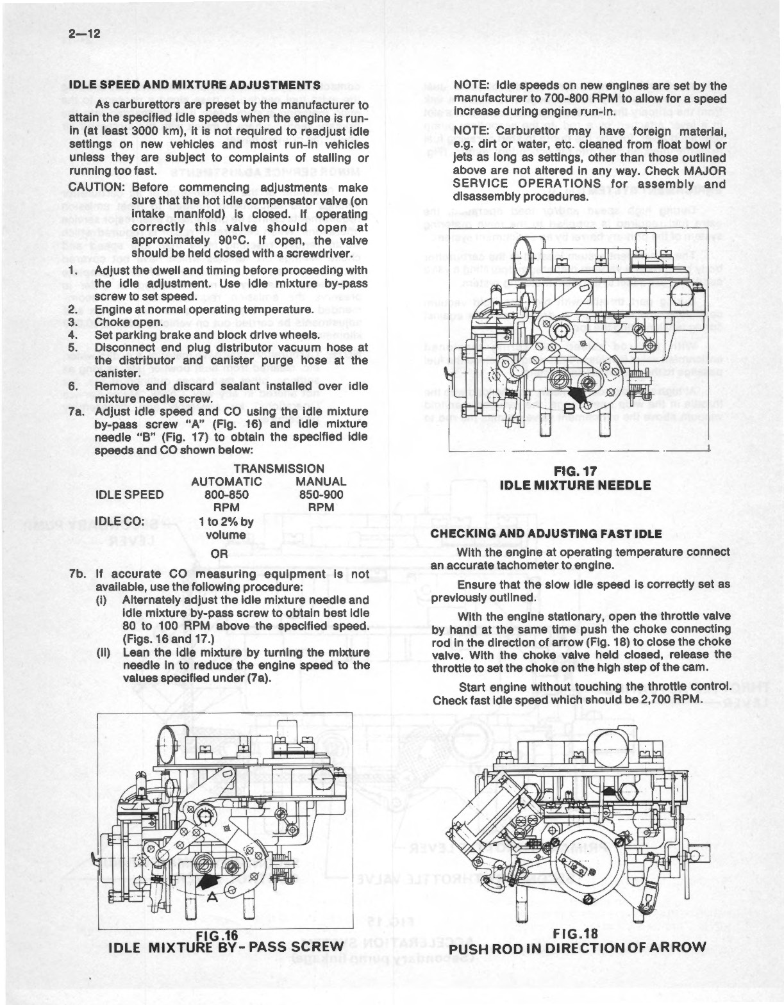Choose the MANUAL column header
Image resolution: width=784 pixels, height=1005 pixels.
321,481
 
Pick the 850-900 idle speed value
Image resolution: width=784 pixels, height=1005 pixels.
321,494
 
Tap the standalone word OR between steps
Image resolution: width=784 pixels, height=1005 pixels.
219,553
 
